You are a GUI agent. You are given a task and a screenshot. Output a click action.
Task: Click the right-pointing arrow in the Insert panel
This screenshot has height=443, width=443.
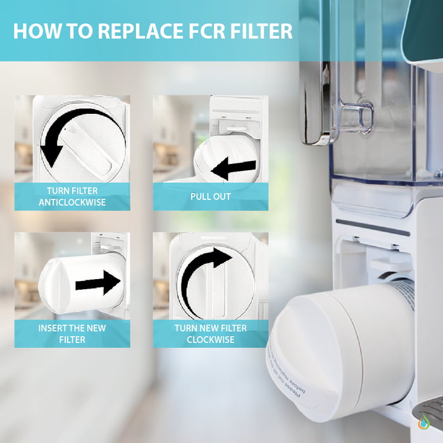click(97, 282)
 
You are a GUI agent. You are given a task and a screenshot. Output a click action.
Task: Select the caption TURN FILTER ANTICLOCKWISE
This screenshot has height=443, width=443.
click(72, 197)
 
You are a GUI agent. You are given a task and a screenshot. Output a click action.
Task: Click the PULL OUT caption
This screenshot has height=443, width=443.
click(211, 197)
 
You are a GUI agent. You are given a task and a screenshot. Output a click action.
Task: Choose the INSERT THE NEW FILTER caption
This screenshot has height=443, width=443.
click(72, 334)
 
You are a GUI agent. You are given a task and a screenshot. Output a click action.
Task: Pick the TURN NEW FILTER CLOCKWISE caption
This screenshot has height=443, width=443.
click(211, 334)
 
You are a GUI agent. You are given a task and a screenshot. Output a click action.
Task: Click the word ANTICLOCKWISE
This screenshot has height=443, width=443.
click(72, 203)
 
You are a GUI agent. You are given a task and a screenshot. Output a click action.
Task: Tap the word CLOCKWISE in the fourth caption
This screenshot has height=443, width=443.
click(211, 340)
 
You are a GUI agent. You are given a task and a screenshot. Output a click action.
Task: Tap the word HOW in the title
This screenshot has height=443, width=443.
click(34, 31)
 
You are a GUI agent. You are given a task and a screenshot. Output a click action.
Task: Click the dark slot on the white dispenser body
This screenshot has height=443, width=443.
click(373, 226)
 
